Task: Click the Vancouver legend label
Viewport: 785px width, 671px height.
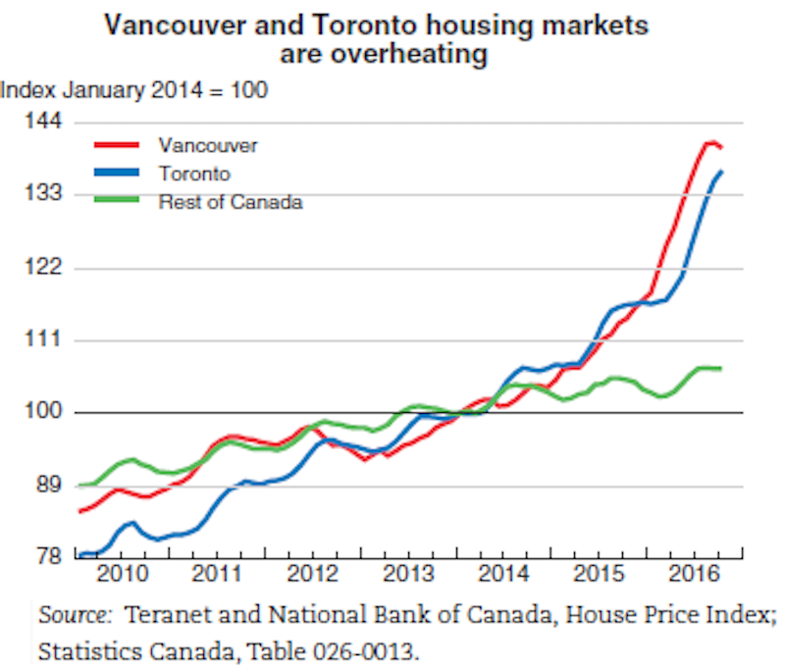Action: click(207, 145)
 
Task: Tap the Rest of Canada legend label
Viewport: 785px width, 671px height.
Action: click(230, 202)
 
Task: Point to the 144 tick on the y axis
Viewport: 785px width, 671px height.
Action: click(43, 122)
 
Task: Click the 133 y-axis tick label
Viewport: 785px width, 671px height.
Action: click(43, 194)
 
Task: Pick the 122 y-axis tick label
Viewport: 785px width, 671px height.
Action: click(43, 267)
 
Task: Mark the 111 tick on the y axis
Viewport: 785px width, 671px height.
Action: click(44, 339)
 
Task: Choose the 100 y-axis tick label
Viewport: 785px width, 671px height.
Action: click(43, 413)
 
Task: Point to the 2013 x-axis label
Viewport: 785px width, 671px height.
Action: click(403, 572)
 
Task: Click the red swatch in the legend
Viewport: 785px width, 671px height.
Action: click(114, 145)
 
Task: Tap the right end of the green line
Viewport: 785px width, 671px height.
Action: click(721, 368)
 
